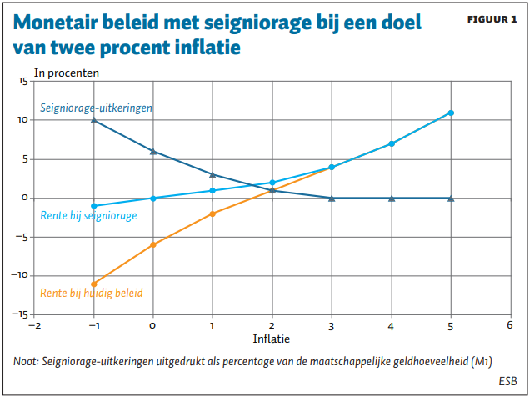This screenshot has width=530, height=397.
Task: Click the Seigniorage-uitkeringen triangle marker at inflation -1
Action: pos(93,120)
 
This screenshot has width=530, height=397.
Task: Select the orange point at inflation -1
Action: pos(93,284)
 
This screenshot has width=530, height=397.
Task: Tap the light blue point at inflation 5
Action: pos(451,113)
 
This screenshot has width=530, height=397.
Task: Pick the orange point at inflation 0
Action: pos(152,244)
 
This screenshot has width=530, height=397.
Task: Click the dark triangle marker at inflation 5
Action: pos(451,198)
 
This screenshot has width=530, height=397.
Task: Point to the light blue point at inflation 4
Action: pos(392,143)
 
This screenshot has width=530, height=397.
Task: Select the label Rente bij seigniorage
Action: pos(88,216)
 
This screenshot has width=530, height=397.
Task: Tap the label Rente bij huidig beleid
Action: pos(92,293)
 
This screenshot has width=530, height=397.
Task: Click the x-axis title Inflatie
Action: pos(272,339)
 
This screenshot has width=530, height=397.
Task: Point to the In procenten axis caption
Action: pos(67,73)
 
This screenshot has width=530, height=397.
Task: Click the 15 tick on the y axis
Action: pos(22,81)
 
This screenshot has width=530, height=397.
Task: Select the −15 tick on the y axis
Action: pos(20,314)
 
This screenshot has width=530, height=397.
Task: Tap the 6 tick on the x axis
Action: pos(510,325)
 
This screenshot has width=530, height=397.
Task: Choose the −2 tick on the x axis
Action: pos(33,325)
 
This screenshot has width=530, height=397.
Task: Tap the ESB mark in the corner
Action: pos(507,380)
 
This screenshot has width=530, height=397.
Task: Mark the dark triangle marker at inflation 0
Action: pos(152,151)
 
